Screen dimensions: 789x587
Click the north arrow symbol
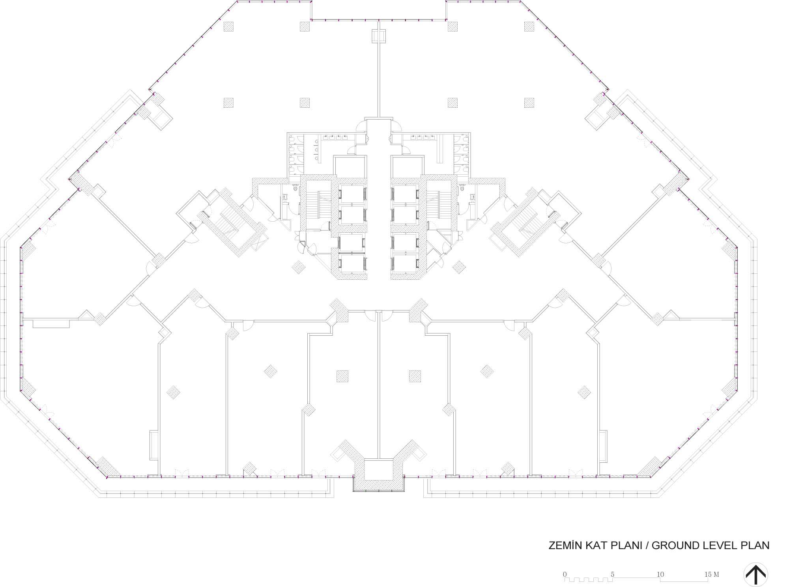click(755, 574)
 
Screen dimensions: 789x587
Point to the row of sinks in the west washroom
click(335, 138)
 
